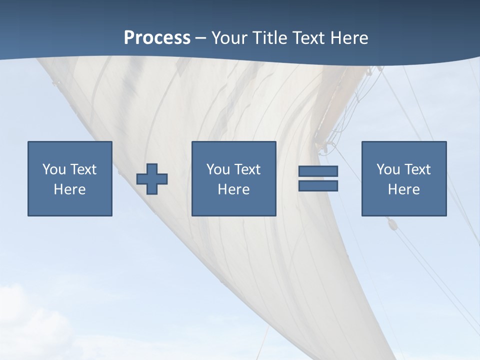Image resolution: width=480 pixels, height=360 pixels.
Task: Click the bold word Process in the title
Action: [x=157, y=37]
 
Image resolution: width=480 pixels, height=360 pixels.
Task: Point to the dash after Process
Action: [x=200, y=38]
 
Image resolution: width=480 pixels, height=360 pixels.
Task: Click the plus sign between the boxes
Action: [x=152, y=179]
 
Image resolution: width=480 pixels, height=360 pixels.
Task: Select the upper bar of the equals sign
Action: [x=318, y=171]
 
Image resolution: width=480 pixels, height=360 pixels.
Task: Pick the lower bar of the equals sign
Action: [x=318, y=185]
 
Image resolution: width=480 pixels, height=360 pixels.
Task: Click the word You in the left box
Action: [x=54, y=169]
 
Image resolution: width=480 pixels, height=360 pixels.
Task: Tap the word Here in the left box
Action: [x=69, y=189]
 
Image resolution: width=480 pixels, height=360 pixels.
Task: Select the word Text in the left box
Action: [x=83, y=169]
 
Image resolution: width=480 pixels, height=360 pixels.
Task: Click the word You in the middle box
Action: [x=218, y=169]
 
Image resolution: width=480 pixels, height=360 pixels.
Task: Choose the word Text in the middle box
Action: [x=247, y=169]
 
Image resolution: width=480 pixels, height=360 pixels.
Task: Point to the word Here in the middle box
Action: [x=233, y=189]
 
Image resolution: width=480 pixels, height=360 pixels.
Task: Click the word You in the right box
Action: [x=388, y=169]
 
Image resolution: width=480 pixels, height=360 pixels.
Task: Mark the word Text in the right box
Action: [x=417, y=169]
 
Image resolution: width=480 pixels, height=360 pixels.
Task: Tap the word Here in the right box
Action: [x=403, y=189]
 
